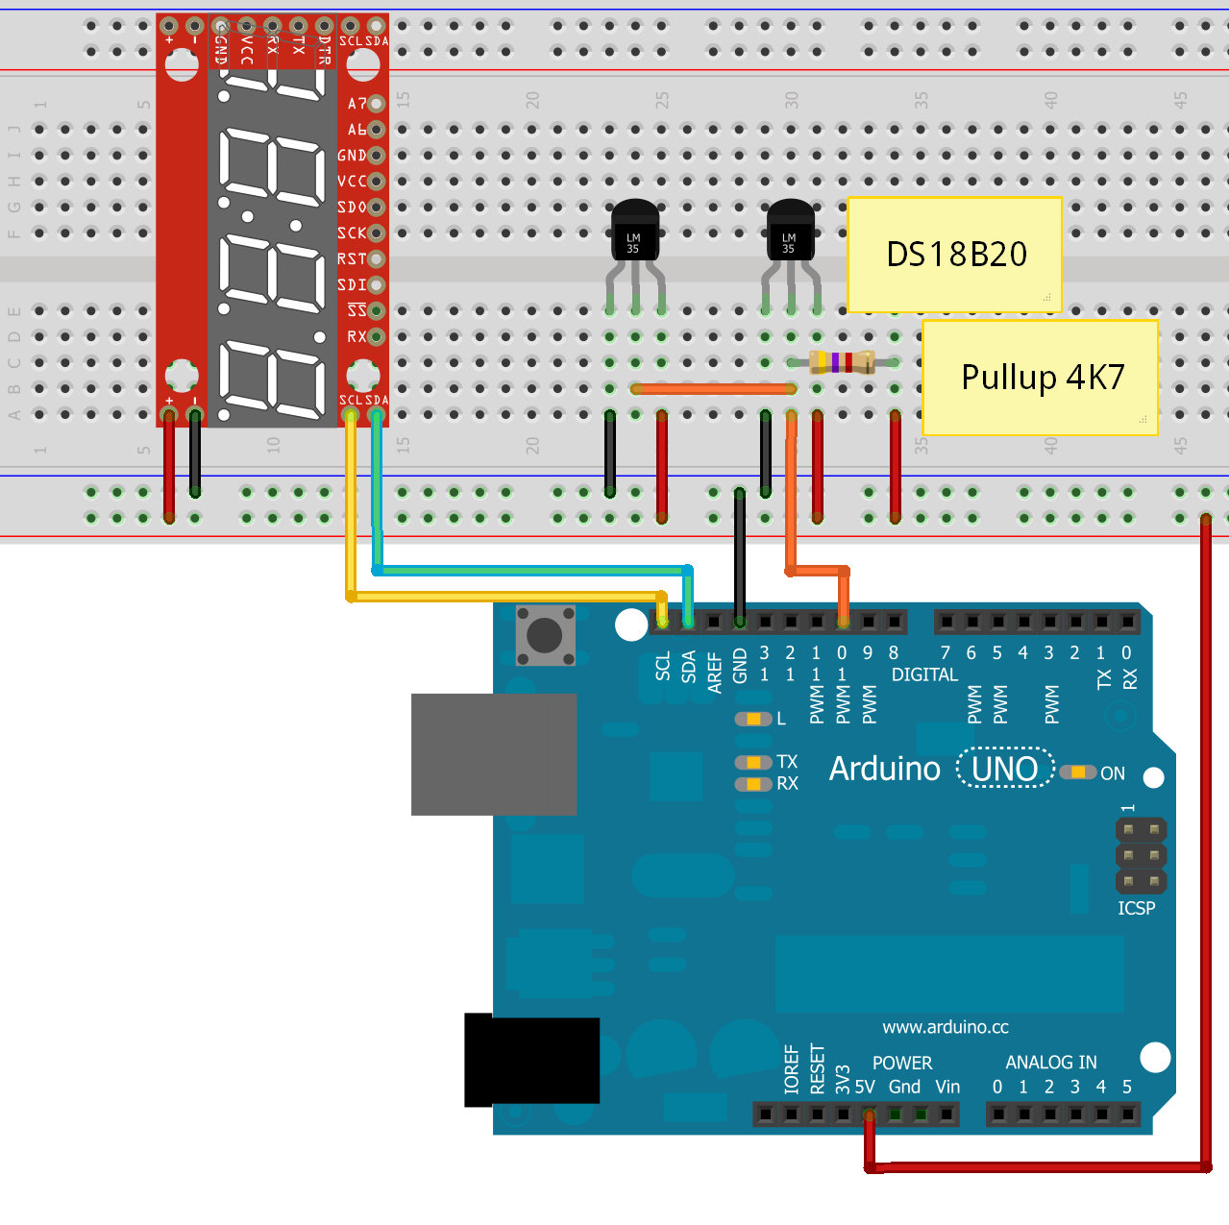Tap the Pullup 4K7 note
pos(1040,377)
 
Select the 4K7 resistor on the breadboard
pos(842,362)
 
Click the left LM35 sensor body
pos(634,232)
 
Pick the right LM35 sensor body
pos(790,232)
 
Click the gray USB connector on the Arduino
pos(493,754)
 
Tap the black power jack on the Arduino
pos(531,1061)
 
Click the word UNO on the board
pos(1004,769)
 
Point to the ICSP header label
pos(1136,908)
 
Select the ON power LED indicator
pos(1078,772)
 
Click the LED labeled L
pos(753,719)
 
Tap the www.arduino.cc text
pos(946,1027)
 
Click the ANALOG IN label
pos(1050,1062)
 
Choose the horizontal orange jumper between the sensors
pos(713,389)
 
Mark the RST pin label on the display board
pos(352,259)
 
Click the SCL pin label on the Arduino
pos(663,666)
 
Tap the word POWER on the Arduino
pos(901,1063)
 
